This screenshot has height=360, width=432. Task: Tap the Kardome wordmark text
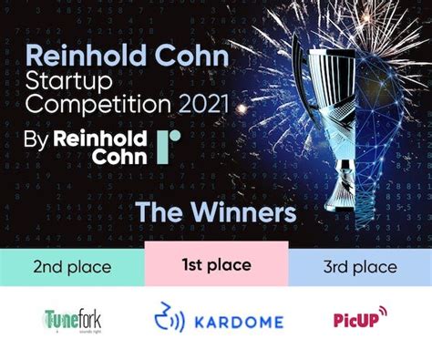[236, 321]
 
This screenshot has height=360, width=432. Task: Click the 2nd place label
[72, 267]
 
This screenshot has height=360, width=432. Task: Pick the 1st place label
[216, 266]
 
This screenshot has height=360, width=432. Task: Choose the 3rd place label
[361, 267]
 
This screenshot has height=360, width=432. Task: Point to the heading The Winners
[216, 212]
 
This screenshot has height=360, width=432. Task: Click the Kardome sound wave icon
[168, 318]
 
